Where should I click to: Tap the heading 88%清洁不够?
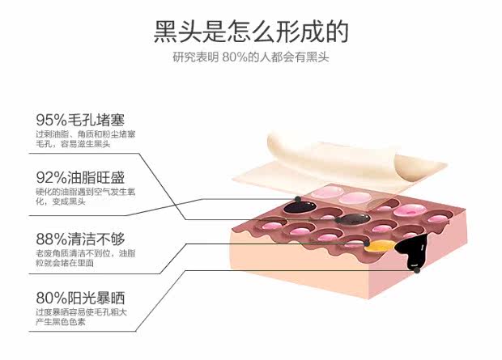[x=80, y=239]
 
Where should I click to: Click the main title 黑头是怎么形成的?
[x=251, y=31]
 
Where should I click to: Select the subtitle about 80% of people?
[x=251, y=57]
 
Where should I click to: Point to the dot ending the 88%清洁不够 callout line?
[x=368, y=241]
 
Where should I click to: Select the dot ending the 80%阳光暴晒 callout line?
[x=416, y=270]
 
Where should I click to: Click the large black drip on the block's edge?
[x=409, y=251]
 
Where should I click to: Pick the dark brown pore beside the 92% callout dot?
[x=350, y=218]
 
